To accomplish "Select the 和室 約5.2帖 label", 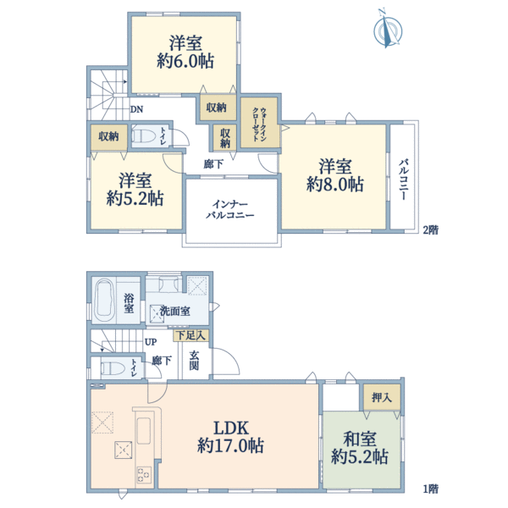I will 360,448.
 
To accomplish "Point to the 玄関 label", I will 194,360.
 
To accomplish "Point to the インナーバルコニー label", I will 231,208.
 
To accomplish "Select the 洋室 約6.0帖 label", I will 183,52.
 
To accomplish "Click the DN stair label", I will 136,108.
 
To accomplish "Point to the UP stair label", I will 150,341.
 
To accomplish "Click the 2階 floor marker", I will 431,229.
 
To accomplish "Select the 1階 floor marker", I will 431,489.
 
